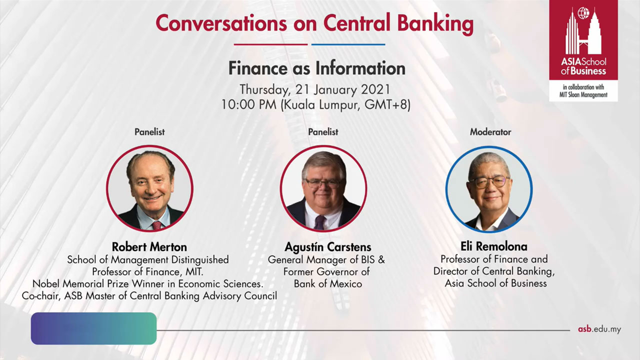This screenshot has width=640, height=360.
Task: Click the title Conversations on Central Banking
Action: (x=314, y=23)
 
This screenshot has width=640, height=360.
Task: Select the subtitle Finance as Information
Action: (x=317, y=68)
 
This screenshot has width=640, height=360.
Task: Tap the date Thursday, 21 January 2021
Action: (x=315, y=89)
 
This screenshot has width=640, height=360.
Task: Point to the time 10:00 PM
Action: (x=249, y=104)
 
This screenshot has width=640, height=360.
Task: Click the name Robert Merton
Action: (x=149, y=247)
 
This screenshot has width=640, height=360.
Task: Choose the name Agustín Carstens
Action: (x=327, y=247)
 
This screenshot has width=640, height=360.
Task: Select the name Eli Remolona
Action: (x=493, y=246)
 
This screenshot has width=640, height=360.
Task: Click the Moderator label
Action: (x=490, y=132)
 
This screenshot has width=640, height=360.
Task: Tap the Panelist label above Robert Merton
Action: (x=149, y=132)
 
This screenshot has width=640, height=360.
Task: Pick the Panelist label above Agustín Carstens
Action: (x=323, y=132)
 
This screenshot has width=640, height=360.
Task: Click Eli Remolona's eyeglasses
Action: (x=489, y=181)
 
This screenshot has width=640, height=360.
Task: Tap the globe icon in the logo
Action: (x=583, y=13)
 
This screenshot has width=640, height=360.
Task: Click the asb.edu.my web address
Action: (x=599, y=329)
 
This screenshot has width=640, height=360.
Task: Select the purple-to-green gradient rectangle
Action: (x=93, y=328)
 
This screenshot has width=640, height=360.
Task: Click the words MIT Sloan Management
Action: (x=583, y=95)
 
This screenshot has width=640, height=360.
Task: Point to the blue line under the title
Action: (x=348, y=44)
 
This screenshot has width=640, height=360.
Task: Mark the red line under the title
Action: (x=270, y=44)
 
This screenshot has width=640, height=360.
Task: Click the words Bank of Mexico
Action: (x=327, y=283)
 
